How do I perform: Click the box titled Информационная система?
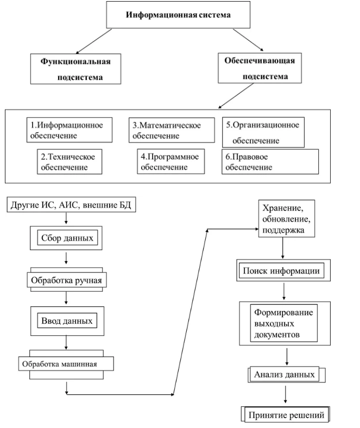coord(179,15)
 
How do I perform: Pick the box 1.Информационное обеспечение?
coord(71,129)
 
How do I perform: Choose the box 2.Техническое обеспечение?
coord(71,162)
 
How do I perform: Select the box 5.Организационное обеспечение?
coord(263,131)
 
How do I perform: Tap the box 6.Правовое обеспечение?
coord(269,162)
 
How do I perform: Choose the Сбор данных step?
coord(65,238)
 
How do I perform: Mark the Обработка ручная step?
coord(66,280)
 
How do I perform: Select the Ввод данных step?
coord(66,320)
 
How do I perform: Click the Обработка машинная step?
coord(65,362)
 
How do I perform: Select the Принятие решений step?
coord(286,415)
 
